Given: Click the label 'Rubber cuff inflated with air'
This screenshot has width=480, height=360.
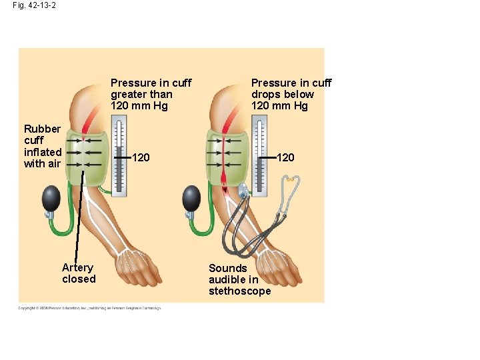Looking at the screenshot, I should (x=42, y=146).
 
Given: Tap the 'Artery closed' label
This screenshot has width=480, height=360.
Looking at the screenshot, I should (x=79, y=273).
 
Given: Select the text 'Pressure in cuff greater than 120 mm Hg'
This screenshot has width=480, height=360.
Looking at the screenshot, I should (x=151, y=94).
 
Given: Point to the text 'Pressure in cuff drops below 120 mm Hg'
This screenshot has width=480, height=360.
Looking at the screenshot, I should (x=291, y=94).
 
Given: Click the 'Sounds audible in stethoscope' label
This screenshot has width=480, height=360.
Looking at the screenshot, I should (x=239, y=279).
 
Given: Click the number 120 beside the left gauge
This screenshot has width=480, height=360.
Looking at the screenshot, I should (x=141, y=158).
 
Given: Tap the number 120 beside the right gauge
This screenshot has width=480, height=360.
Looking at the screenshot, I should (x=285, y=158).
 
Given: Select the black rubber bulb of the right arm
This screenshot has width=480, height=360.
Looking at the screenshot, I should (x=192, y=198).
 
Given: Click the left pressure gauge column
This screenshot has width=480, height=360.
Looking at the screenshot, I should (x=119, y=156).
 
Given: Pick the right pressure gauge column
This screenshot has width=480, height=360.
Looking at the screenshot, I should (x=259, y=156).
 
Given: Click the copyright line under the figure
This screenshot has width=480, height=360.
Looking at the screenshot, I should (x=89, y=308).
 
